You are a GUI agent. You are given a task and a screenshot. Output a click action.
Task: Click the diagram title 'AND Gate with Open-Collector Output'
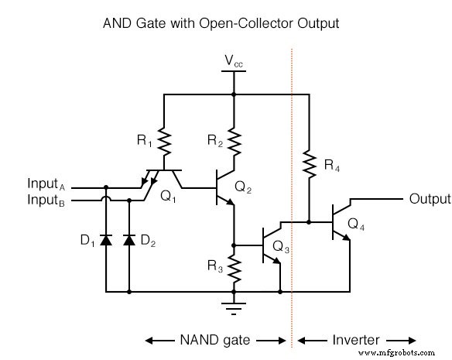tap(221, 23)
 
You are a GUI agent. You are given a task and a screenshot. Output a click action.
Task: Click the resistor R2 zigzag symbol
tap(233, 140)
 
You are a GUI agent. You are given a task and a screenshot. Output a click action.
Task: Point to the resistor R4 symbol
tap(310, 164)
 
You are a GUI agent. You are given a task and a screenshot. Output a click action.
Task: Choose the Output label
tap(429, 199)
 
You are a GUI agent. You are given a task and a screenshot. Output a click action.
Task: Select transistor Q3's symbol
tap(270, 245)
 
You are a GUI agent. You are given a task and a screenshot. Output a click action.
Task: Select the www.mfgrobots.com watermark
tap(407, 352)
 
